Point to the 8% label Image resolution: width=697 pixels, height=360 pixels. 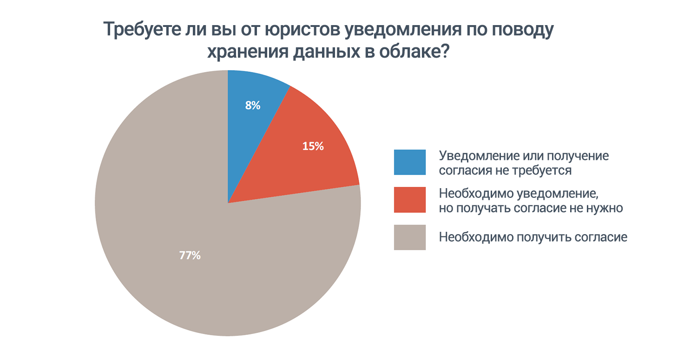252,105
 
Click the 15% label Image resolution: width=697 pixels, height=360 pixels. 313,146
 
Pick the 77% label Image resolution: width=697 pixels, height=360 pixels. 190,255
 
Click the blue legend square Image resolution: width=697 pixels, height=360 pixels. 409,162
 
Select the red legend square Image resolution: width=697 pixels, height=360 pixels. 409,200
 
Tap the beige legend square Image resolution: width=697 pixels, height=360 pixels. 409,237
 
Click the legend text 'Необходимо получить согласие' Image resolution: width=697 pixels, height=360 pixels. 533,237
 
